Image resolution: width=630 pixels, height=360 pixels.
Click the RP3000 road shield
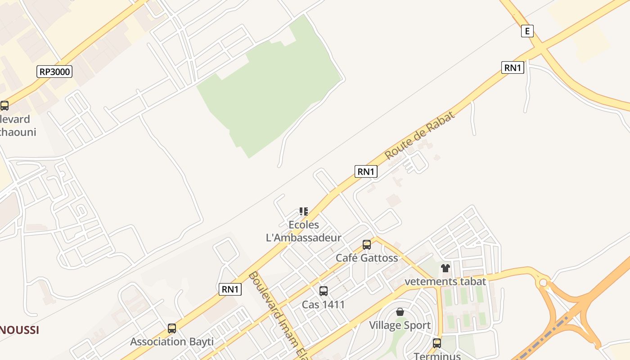[x=54, y=72]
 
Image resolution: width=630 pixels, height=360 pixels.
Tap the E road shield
[x=527, y=31]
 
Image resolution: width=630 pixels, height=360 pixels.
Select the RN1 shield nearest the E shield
[x=513, y=67]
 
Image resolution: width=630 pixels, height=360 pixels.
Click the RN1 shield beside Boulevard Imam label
[x=230, y=289]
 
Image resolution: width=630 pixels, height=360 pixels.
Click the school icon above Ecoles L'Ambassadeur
[x=304, y=211]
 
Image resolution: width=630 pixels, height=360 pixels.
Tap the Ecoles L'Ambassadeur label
[x=304, y=231]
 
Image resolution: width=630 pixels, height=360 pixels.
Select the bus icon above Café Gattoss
[x=367, y=245]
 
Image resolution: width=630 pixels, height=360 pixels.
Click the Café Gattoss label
[x=367, y=258]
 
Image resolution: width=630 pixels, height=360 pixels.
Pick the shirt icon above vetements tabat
[x=445, y=268]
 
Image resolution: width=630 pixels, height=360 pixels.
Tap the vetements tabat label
[x=445, y=282]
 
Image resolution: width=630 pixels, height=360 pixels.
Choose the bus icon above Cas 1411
[x=323, y=291]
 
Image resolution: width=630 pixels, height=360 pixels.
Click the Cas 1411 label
[x=323, y=305]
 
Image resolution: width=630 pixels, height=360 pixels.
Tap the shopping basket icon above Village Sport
[x=400, y=312]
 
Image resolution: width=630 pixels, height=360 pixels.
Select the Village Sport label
[x=400, y=325]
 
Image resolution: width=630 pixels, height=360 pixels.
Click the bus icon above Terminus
[x=436, y=343]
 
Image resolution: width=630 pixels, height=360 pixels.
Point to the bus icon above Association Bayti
[x=171, y=328]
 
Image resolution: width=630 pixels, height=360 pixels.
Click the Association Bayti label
[x=171, y=342]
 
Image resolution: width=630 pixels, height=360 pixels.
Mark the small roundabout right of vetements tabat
[x=544, y=283]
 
